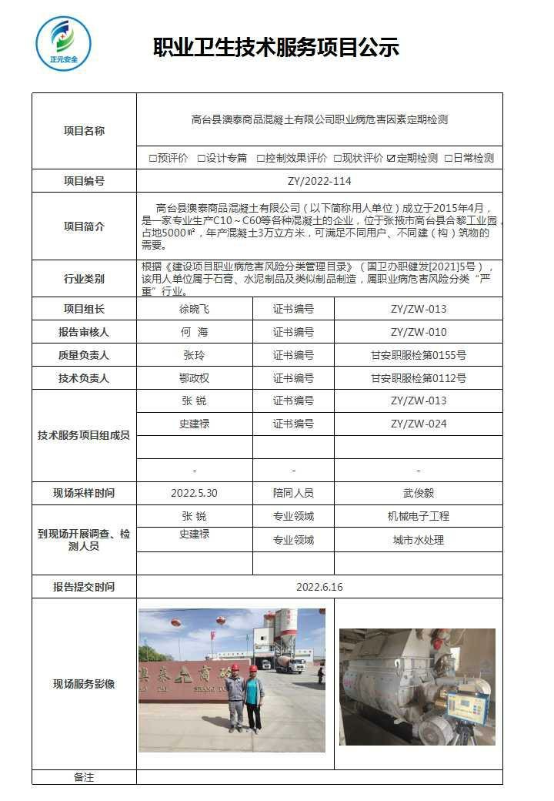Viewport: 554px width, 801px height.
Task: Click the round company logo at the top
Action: tap(63, 44)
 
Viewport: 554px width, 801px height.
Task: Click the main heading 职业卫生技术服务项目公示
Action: tap(276, 48)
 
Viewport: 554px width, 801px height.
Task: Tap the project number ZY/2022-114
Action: tap(319, 181)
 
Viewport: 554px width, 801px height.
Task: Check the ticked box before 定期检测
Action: tap(392, 159)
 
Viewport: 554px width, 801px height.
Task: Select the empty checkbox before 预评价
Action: tap(153, 159)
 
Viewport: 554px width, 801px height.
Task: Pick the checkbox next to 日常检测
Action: tap(448, 159)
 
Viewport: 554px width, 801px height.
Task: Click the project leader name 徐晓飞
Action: tap(194, 309)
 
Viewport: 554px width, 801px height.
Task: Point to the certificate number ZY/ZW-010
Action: tap(418, 332)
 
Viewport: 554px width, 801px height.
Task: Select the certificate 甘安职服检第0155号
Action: tap(418, 355)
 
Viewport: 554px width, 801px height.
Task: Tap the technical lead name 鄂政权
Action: tap(194, 378)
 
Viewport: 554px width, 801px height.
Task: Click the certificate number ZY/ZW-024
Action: tap(418, 424)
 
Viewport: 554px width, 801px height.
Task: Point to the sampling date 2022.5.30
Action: tap(194, 493)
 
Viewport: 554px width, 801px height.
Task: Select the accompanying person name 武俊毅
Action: tap(418, 493)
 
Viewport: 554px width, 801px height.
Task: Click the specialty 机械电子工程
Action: tap(418, 516)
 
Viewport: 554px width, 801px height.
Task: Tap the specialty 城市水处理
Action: tap(418, 540)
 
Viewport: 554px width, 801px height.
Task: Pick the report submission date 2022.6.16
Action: tap(319, 586)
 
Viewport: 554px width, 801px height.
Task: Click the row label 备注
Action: tap(84, 777)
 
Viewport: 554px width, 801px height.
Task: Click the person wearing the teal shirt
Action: tap(252, 697)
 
